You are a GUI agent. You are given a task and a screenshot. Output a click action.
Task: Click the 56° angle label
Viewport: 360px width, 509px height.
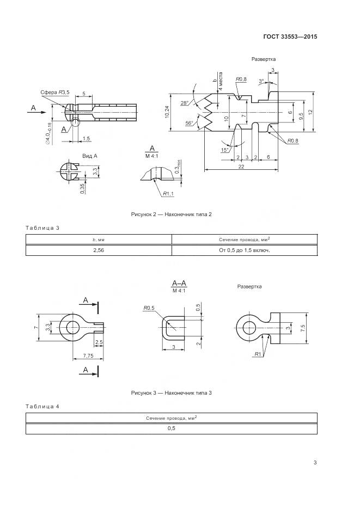pos(188,124)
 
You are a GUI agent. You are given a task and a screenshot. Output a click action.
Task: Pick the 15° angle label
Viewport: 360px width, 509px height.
pos(224,150)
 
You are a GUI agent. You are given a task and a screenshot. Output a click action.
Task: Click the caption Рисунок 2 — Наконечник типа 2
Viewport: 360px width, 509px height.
pos(171,214)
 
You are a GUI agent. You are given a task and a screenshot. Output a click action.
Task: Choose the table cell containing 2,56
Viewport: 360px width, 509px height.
pos(98,250)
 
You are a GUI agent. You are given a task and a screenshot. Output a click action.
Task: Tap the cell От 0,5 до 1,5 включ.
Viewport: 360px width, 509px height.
pos(245,250)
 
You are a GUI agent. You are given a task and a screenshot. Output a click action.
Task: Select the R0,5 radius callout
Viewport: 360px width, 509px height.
pos(149,308)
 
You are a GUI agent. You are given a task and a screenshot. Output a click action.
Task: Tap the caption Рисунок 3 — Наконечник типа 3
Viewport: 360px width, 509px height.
pos(171,393)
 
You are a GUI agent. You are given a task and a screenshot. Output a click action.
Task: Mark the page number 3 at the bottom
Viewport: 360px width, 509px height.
pos(315,463)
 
